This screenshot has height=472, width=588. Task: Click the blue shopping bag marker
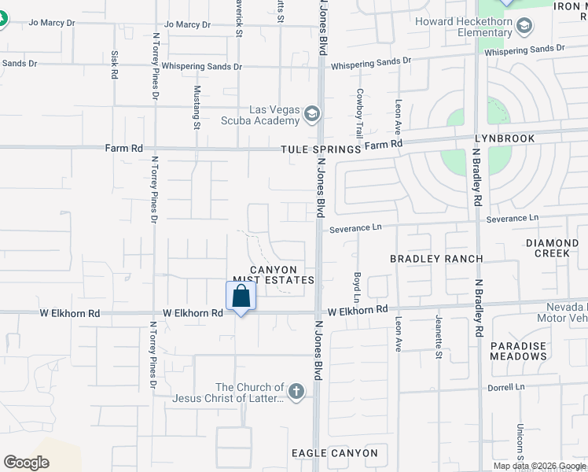pos(241,297)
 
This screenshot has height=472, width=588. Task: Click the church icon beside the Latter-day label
pos(296,391)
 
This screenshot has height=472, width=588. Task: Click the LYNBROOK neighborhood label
pos(504,138)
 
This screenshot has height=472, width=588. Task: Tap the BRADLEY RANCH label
pos(436,259)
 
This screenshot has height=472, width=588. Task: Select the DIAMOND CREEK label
pos(557,249)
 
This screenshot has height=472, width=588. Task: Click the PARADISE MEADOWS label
pos(518,351)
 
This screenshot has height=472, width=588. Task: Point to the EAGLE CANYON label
pos(334,453)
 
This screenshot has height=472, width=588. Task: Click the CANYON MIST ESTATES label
pos(275,275)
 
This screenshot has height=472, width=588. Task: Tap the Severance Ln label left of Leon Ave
pos(355,228)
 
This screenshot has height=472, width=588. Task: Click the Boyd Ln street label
pos(356,288)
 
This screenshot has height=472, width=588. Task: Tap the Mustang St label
pos(197,107)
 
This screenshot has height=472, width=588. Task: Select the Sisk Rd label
pos(115,65)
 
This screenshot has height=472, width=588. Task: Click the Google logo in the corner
pos(26,463)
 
